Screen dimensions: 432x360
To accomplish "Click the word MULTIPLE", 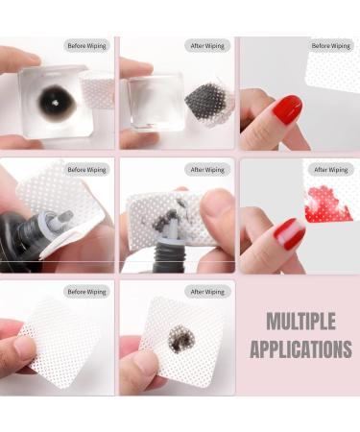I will coord(300,320).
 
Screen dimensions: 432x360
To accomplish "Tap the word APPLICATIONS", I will coord(300,348).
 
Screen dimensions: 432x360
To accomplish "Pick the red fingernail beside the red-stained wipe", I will coord(287,234).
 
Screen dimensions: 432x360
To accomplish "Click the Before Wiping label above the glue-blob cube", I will coord(86,45).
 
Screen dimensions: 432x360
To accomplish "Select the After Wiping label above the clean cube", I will coord(206,45).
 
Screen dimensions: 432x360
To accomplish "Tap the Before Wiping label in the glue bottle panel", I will coord(86,170).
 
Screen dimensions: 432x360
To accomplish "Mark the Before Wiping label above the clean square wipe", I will coord(86,291).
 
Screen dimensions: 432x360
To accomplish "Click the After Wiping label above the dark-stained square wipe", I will coord(206,291).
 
